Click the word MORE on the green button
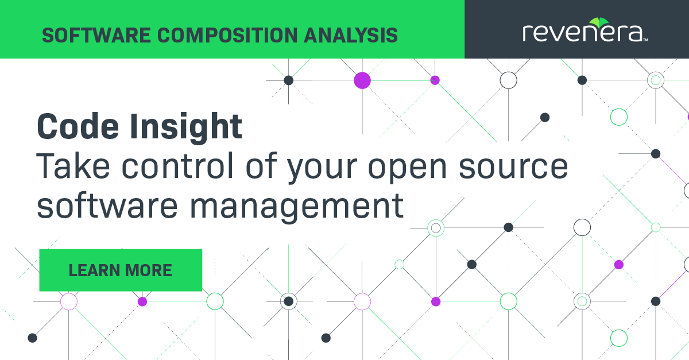[x=150, y=270]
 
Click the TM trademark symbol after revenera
[x=645, y=40]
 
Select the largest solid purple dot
[x=362, y=80]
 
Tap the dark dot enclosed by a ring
[x=289, y=301]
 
